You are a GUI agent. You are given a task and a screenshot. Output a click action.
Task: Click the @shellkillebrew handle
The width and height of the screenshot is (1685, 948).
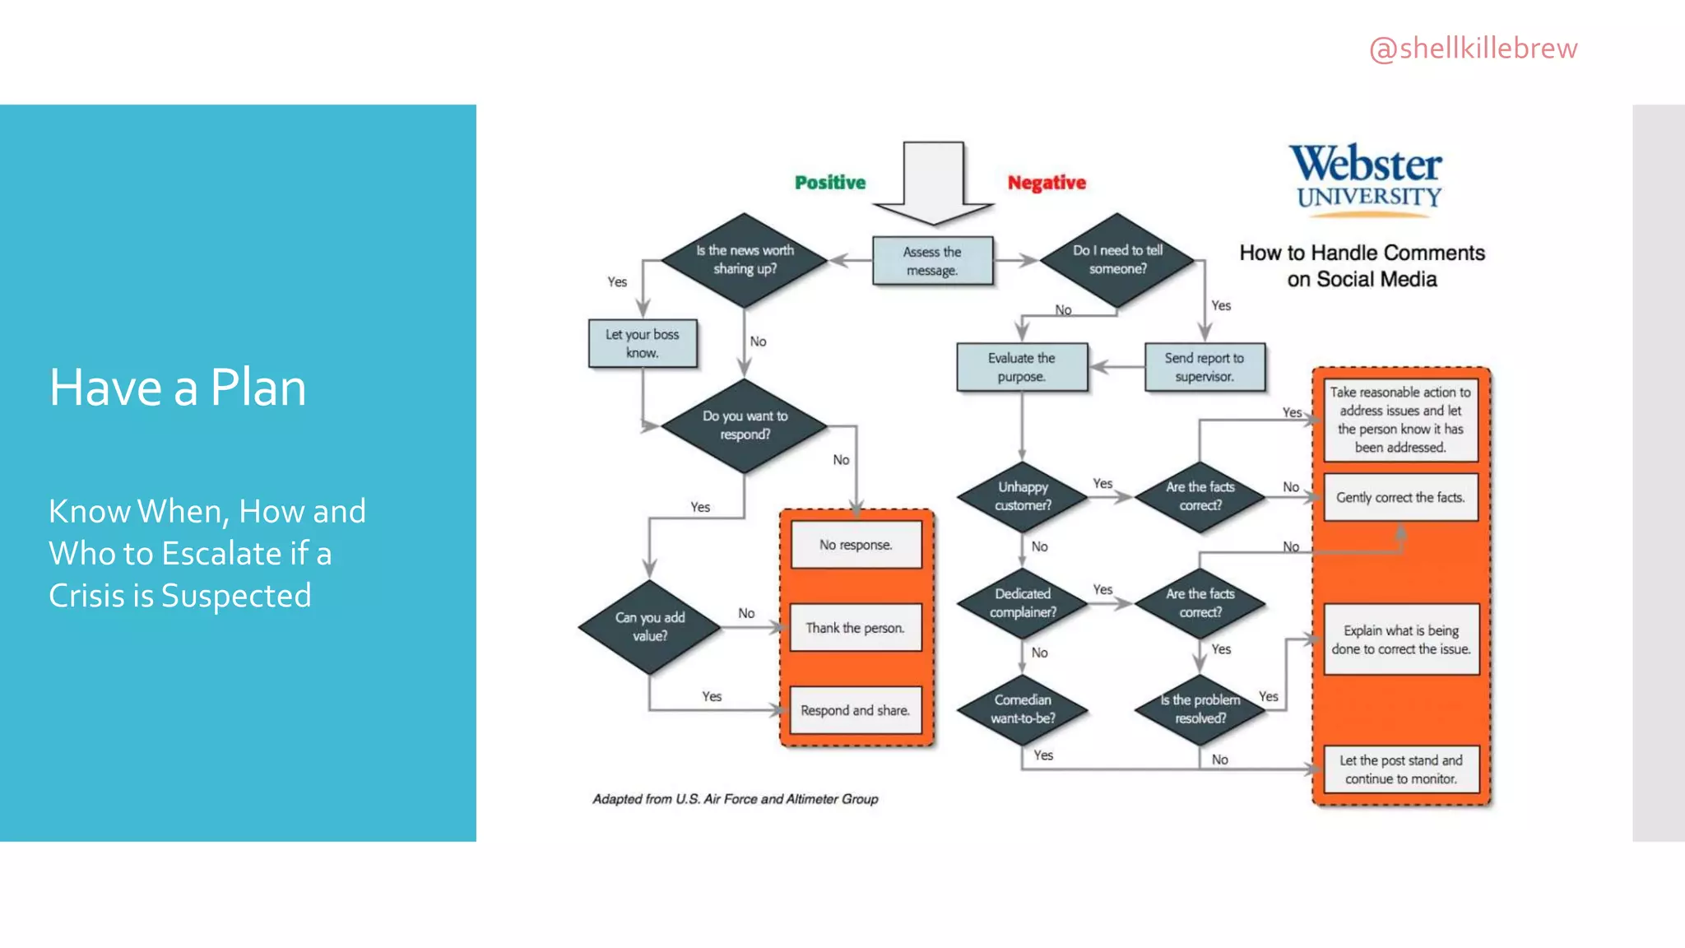click(1473, 49)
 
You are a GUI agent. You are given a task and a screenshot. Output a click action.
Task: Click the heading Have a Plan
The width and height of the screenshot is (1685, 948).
click(178, 388)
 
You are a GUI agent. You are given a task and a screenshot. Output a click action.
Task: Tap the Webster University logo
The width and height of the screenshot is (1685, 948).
click(1365, 179)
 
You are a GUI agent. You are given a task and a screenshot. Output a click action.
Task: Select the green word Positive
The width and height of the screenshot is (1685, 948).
click(829, 183)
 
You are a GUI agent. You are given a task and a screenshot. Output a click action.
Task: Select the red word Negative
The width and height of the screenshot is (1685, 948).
click(1047, 183)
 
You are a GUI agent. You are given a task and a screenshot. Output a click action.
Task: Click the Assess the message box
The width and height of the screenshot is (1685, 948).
click(932, 261)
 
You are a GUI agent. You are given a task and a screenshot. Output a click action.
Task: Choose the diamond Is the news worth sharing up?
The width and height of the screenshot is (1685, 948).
click(745, 260)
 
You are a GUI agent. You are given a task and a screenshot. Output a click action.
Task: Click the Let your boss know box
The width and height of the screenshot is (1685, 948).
click(643, 343)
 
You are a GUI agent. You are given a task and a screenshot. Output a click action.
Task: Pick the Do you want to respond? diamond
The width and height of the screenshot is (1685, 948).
click(745, 425)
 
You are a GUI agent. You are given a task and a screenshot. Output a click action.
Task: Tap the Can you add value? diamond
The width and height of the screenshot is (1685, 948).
click(650, 627)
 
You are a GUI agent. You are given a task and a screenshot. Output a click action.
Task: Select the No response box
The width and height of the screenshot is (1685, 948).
click(856, 545)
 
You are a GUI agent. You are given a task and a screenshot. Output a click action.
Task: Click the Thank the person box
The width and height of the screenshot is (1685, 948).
click(856, 628)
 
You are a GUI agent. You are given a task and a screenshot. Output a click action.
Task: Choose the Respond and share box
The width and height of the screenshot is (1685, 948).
click(856, 710)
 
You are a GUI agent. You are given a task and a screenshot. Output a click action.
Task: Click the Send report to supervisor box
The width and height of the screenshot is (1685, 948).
click(1205, 367)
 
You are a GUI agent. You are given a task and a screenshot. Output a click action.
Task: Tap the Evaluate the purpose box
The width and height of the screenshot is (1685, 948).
click(1022, 367)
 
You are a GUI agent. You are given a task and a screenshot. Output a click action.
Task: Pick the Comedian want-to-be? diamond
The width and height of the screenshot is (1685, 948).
click(1023, 709)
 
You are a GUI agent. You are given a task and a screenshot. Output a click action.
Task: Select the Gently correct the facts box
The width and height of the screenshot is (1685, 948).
click(1400, 498)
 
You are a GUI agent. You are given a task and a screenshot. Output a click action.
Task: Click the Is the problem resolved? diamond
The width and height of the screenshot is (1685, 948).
click(1200, 709)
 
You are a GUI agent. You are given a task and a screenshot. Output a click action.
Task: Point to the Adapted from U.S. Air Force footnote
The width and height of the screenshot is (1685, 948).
click(736, 799)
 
